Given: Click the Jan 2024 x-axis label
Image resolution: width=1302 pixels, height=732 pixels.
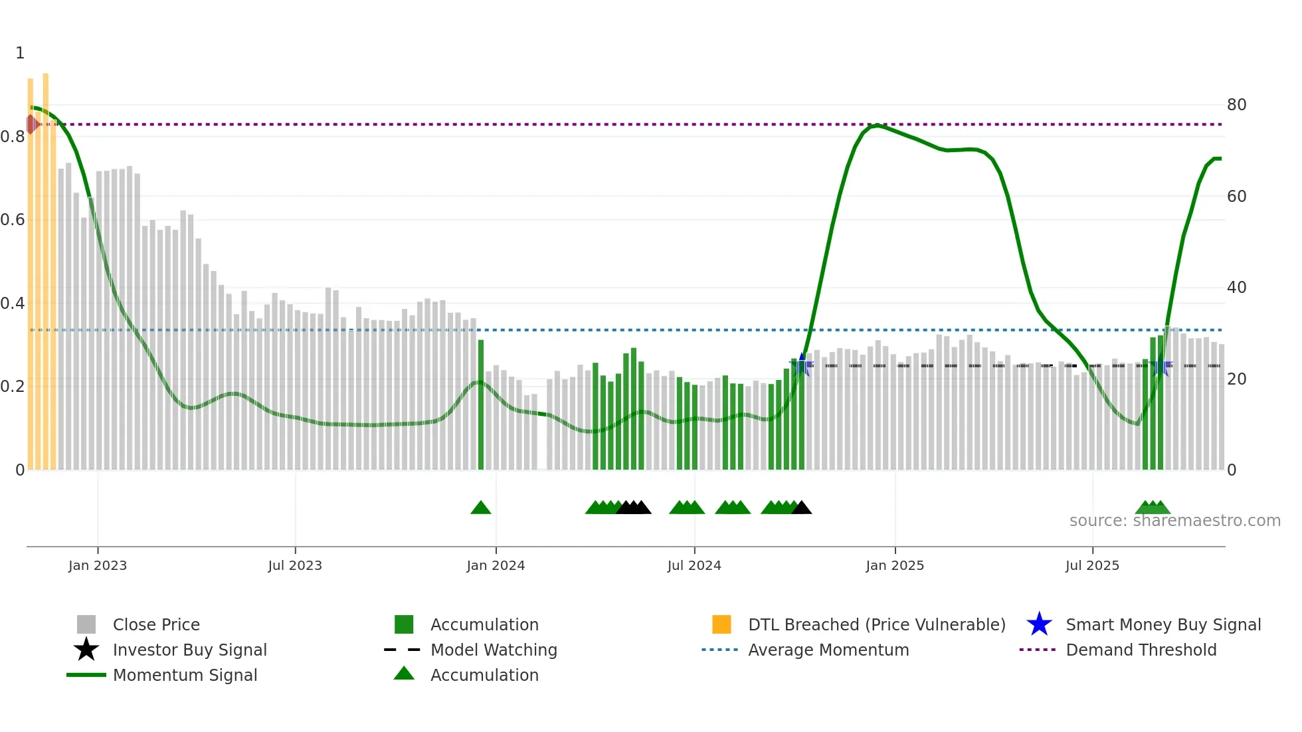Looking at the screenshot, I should point(496,565).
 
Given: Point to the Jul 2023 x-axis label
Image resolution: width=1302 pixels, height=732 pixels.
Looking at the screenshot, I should point(295,565).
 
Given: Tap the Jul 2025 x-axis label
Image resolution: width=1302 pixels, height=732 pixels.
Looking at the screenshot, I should point(1092,565).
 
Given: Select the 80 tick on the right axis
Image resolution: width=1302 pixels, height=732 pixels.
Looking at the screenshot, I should point(1236,105).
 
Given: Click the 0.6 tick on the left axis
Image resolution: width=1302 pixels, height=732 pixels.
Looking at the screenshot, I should point(13,220).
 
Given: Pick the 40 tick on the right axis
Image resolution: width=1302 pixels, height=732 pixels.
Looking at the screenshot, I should point(1236,288).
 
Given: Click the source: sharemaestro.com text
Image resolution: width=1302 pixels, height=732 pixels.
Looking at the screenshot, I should point(1174,521).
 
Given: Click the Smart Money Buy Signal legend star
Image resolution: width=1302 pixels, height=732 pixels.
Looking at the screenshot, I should point(1039,624).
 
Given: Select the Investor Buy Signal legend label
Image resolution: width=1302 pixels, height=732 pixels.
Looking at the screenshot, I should point(190,650).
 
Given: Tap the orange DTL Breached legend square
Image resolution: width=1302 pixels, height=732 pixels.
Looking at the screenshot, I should point(721,624).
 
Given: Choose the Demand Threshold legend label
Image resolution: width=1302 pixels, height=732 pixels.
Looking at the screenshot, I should point(1141,650).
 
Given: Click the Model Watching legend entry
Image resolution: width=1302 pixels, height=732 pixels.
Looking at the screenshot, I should point(494,650).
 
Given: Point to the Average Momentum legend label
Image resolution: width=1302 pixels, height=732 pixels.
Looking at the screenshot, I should point(828,650).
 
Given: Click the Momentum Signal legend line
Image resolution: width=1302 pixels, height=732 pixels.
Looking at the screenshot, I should point(86,675).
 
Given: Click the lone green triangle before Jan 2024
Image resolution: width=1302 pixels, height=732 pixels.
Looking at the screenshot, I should point(480,508).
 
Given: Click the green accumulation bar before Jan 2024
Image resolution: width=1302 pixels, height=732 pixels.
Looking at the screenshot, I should point(481,405).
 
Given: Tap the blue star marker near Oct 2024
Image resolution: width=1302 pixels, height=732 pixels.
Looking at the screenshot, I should point(802,365).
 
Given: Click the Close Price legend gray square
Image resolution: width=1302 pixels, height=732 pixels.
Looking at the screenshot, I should point(86,624).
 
